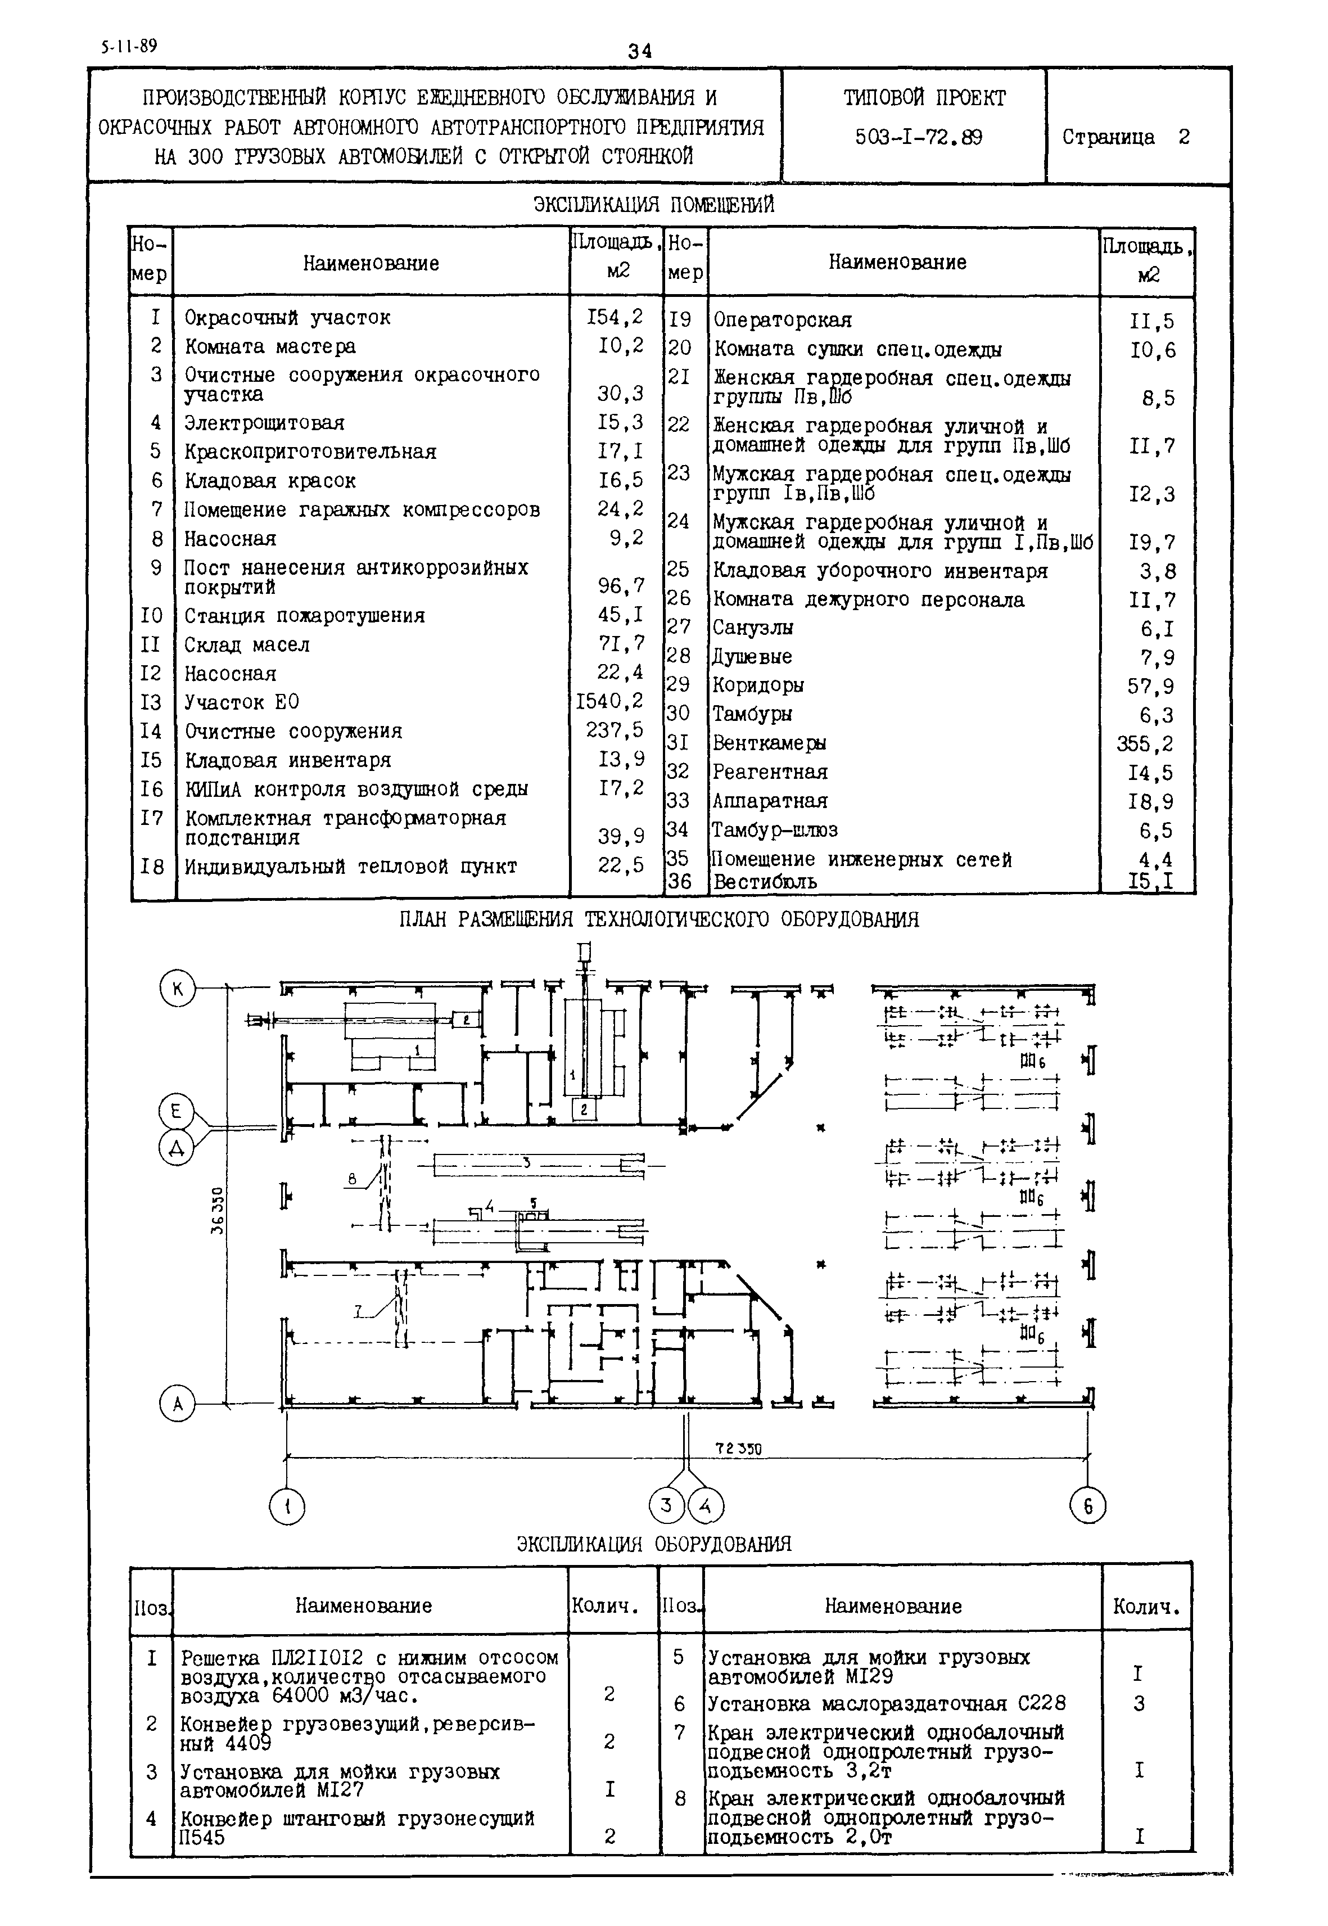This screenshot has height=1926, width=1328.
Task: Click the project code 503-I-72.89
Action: [x=919, y=137]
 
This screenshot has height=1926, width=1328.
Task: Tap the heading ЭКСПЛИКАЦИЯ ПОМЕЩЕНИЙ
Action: [x=654, y=205]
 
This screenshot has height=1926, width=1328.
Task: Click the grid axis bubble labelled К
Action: [x=177, y=990]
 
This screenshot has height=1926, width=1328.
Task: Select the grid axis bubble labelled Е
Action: [x=175, y=1112]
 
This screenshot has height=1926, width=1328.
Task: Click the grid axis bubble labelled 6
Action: [x=1087, y=1506]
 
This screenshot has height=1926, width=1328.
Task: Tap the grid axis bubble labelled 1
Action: [x=287, y=1506]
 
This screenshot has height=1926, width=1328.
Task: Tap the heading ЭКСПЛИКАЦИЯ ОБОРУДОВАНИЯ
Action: [x=654, y=1544]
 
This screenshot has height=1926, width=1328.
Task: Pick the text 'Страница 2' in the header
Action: [x=1125, y=137]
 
